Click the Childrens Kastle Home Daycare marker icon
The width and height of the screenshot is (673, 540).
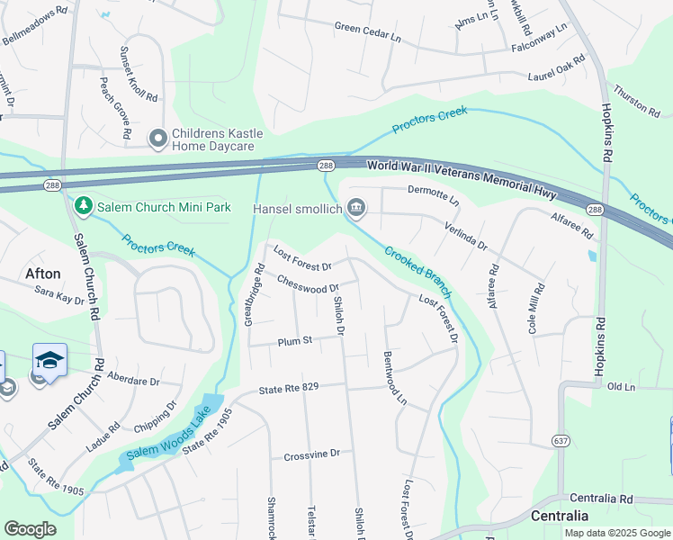(158, 137)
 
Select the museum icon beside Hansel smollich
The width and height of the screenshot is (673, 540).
(356, 209)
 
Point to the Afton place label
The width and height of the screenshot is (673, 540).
(42, 274)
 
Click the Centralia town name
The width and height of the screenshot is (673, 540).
(560, 516)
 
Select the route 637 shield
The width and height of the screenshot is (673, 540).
(561, 441)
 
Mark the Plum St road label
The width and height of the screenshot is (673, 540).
(294, 341)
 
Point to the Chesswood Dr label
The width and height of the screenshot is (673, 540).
(307, 284)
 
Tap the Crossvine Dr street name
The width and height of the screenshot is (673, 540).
(311, 455)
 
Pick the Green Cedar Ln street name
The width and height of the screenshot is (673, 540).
(367, 31)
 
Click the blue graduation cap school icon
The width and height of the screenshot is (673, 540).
(50, 361)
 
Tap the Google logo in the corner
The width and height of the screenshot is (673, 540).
(30, 529)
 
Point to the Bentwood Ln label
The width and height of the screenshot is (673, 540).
(395, 377)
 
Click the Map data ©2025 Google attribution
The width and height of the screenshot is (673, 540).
(617, 533)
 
